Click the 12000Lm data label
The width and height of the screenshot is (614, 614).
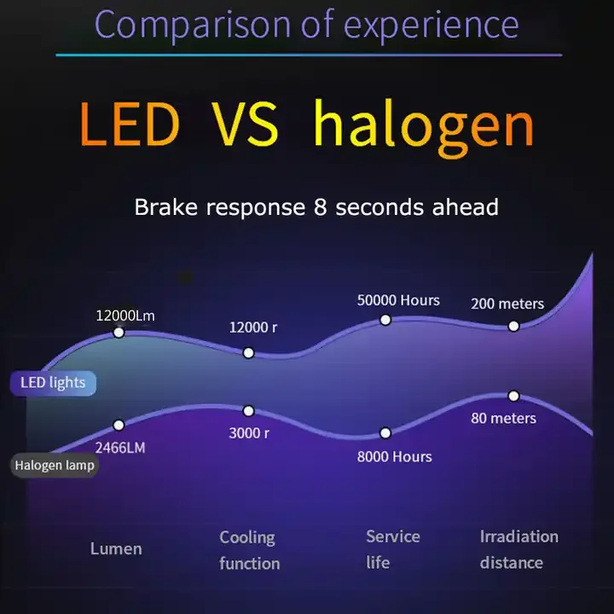[x=125, y=315]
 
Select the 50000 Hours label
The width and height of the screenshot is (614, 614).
[x=398, y=300]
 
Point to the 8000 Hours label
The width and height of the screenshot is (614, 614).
[x=394, y=456]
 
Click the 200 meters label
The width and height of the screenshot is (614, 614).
[x=507, y=304]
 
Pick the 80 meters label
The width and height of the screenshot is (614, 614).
[x=503, y=418]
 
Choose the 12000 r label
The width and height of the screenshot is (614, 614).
[x=253, y=327]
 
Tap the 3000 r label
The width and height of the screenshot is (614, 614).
[x=249, y=433]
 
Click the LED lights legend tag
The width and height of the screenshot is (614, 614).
[x=53, y=383]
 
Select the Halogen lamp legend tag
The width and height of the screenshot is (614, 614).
[x=54, y=466]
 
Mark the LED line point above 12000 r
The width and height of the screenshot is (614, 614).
[x=248, y=353]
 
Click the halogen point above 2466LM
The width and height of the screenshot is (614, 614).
[x=119, y=425]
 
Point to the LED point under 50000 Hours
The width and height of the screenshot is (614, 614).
[x=385, y=320]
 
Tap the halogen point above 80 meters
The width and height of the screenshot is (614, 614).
[x=513, y=396]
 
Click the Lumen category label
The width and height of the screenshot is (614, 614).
[x=116, y=548]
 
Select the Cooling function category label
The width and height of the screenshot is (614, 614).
[x=248, y=550]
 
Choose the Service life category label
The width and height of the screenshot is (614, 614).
[x=392, y=549]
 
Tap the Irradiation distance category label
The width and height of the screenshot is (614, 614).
[x=518, y=549]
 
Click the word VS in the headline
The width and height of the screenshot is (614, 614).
[x=246, y=125]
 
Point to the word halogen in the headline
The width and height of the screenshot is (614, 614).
[x=423, y=125]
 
